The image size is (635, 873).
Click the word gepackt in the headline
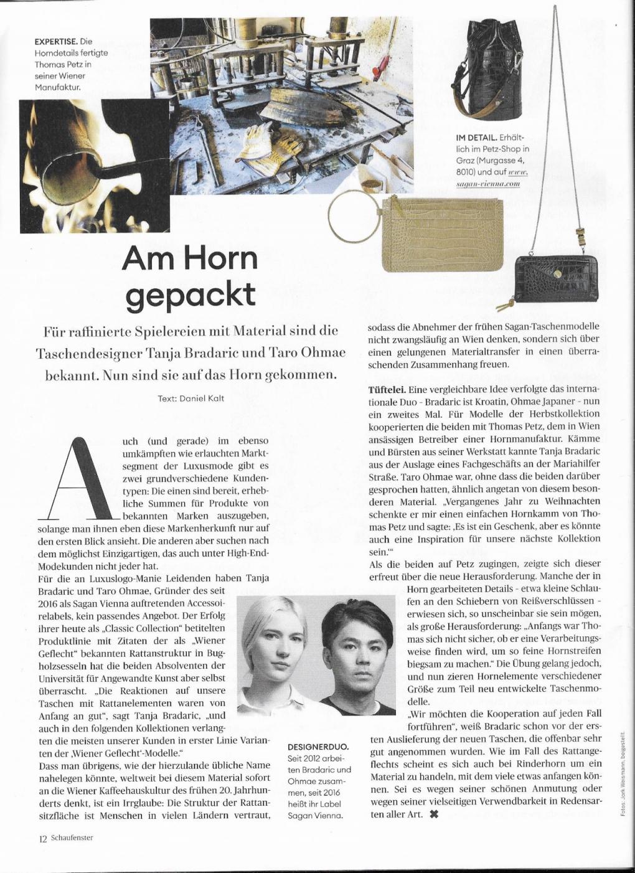[190, 293]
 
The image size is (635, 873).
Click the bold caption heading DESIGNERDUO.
[318, 746]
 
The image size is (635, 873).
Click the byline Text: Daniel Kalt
[190, 398]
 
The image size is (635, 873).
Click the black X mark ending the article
[434, 814]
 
